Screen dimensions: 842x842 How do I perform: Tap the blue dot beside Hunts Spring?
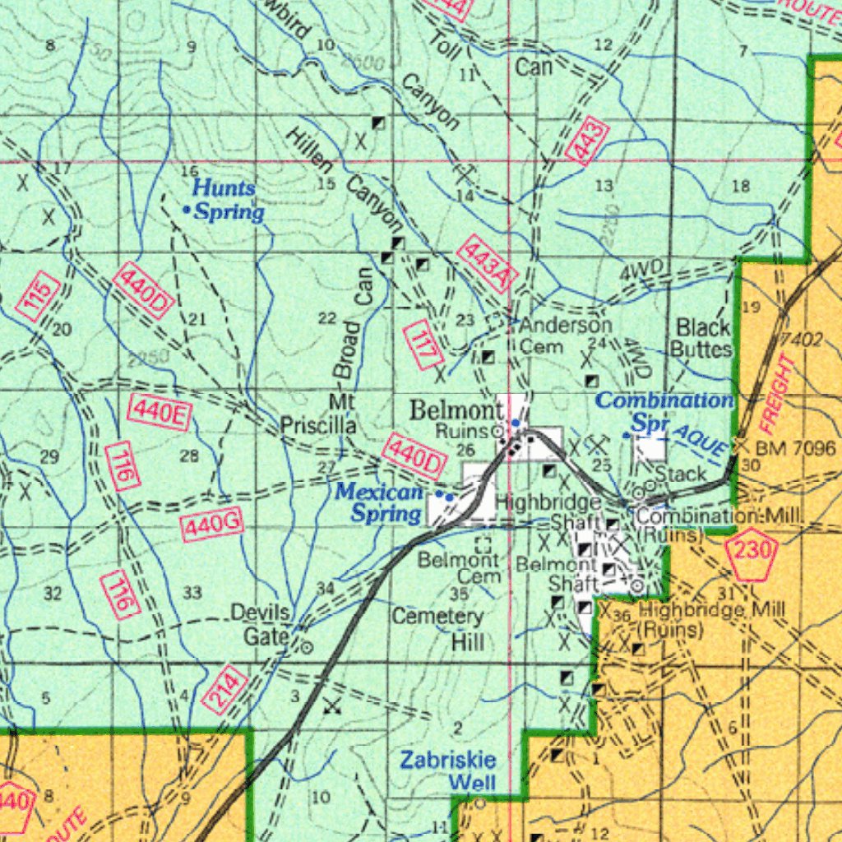(x=187, y=210)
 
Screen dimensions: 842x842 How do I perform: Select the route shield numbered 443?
(x=587, y=141)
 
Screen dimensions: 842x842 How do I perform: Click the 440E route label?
(x=160, y=412)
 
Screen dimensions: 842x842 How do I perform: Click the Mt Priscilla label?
(x=319, y=414)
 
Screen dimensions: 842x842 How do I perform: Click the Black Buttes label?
(x=702, y=338)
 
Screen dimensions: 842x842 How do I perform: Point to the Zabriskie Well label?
(x=447, y=770)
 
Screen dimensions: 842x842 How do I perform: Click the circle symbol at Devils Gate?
(x=306, y=647)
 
